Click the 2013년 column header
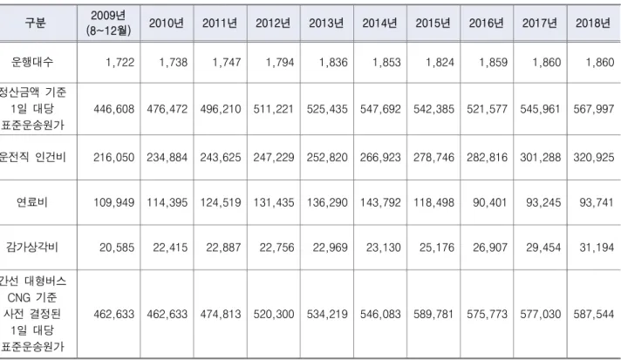click(326, 23)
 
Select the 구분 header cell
click(35, 23)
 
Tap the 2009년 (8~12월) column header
click(108, 23)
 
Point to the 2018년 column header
click(593, 23)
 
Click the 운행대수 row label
click(32, 62)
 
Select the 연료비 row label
click(32, 202)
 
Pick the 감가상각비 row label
click(32, 248)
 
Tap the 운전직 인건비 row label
click(32, 158)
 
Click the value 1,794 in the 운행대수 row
click(280, 63)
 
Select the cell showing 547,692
click(380, 109)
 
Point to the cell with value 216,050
click(113, 158)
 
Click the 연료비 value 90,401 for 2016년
click(489, 202)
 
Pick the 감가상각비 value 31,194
click(597, 248)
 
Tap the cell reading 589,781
click(433, 314)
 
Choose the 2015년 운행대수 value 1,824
click(440, 63)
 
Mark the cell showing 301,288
click(540, 158)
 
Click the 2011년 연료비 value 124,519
click(220, 202)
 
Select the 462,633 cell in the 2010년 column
click(167, 314)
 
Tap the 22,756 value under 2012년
click(276, 248)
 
